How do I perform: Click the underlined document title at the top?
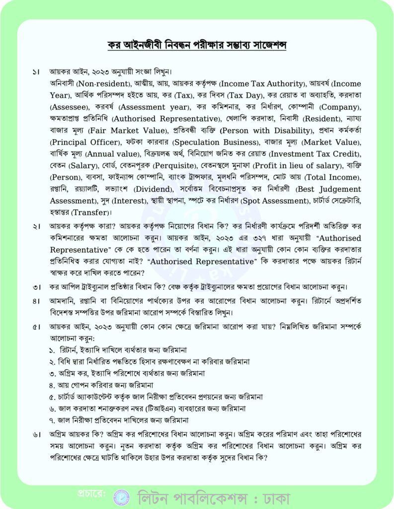[197, 45]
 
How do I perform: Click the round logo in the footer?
[121, 496]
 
